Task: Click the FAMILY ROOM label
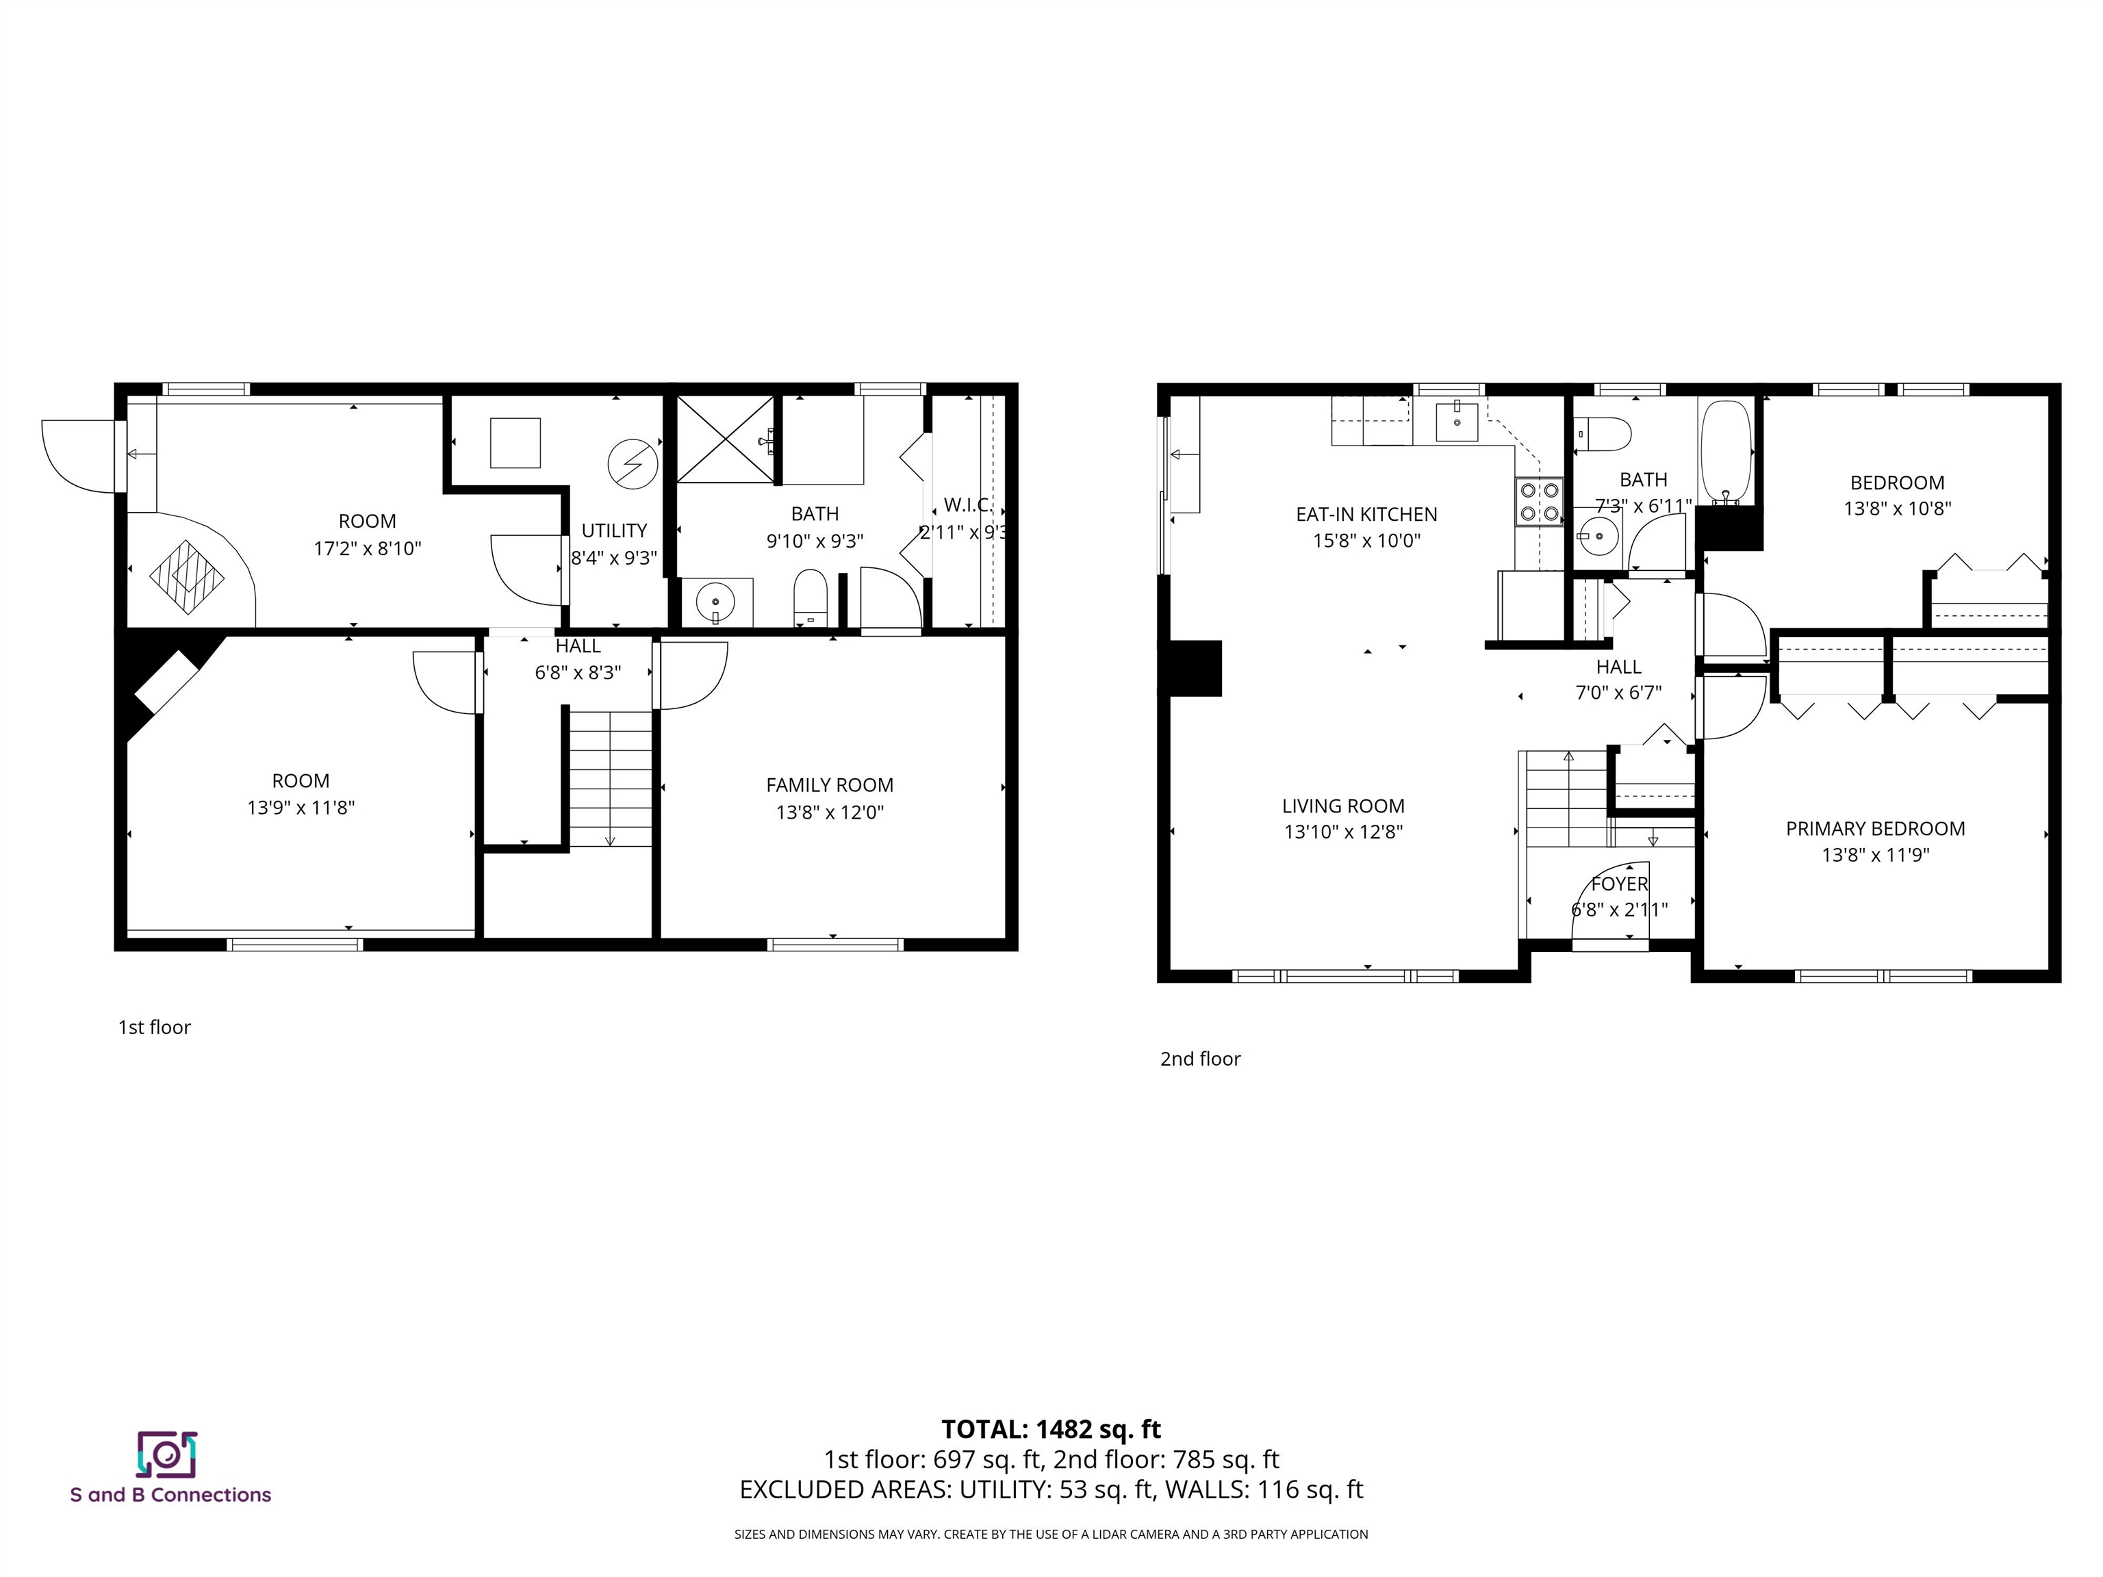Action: (x=829, y=785)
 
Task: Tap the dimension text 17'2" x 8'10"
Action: (x=367, y=548)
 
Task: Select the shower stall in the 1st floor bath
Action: (x=726, y=440)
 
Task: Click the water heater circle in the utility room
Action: (x=633, y=464)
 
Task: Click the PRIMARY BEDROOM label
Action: (x=1875, y=829)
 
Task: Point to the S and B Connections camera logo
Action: (x=166, y=1454)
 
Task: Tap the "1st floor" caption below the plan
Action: (x=154, y=1027)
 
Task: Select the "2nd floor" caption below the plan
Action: (x=1200, y=1059)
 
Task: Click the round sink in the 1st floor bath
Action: (x=715, y=602)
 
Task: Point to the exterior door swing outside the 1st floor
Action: (x=78, y=457)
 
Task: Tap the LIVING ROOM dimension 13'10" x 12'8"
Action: (x=1342, y=832)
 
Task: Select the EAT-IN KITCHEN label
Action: (x=1366, y=514)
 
